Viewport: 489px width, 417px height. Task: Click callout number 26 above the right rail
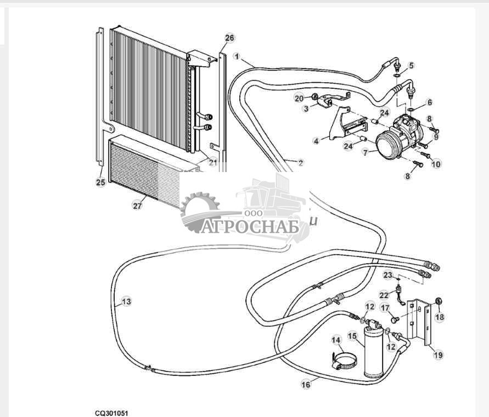pos(229,38)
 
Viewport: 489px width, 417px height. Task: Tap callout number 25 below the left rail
pos(100,182)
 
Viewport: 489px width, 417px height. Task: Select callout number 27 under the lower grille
pos(137,206)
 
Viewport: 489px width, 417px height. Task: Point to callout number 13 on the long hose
pos(126,301)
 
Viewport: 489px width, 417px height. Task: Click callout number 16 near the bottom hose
pos(306,384)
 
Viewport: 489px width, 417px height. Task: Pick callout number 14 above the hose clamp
pos(336,340)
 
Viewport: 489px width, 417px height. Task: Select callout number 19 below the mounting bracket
pos(438,355)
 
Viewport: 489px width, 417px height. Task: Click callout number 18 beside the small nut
pos(440,317)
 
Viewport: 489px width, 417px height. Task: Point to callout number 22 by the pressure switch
pos(384,295)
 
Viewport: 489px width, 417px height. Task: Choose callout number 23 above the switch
pos(387,275)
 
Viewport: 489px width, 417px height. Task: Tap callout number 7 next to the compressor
pos(366,152)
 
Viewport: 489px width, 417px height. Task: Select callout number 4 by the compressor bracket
pos(317,141)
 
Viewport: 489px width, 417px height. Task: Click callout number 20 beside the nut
pos(299,99)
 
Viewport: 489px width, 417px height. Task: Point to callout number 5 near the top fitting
pos(412,65)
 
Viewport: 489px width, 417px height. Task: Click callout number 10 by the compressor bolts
pos(436,164)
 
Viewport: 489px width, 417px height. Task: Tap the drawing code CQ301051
pos(111,413)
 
